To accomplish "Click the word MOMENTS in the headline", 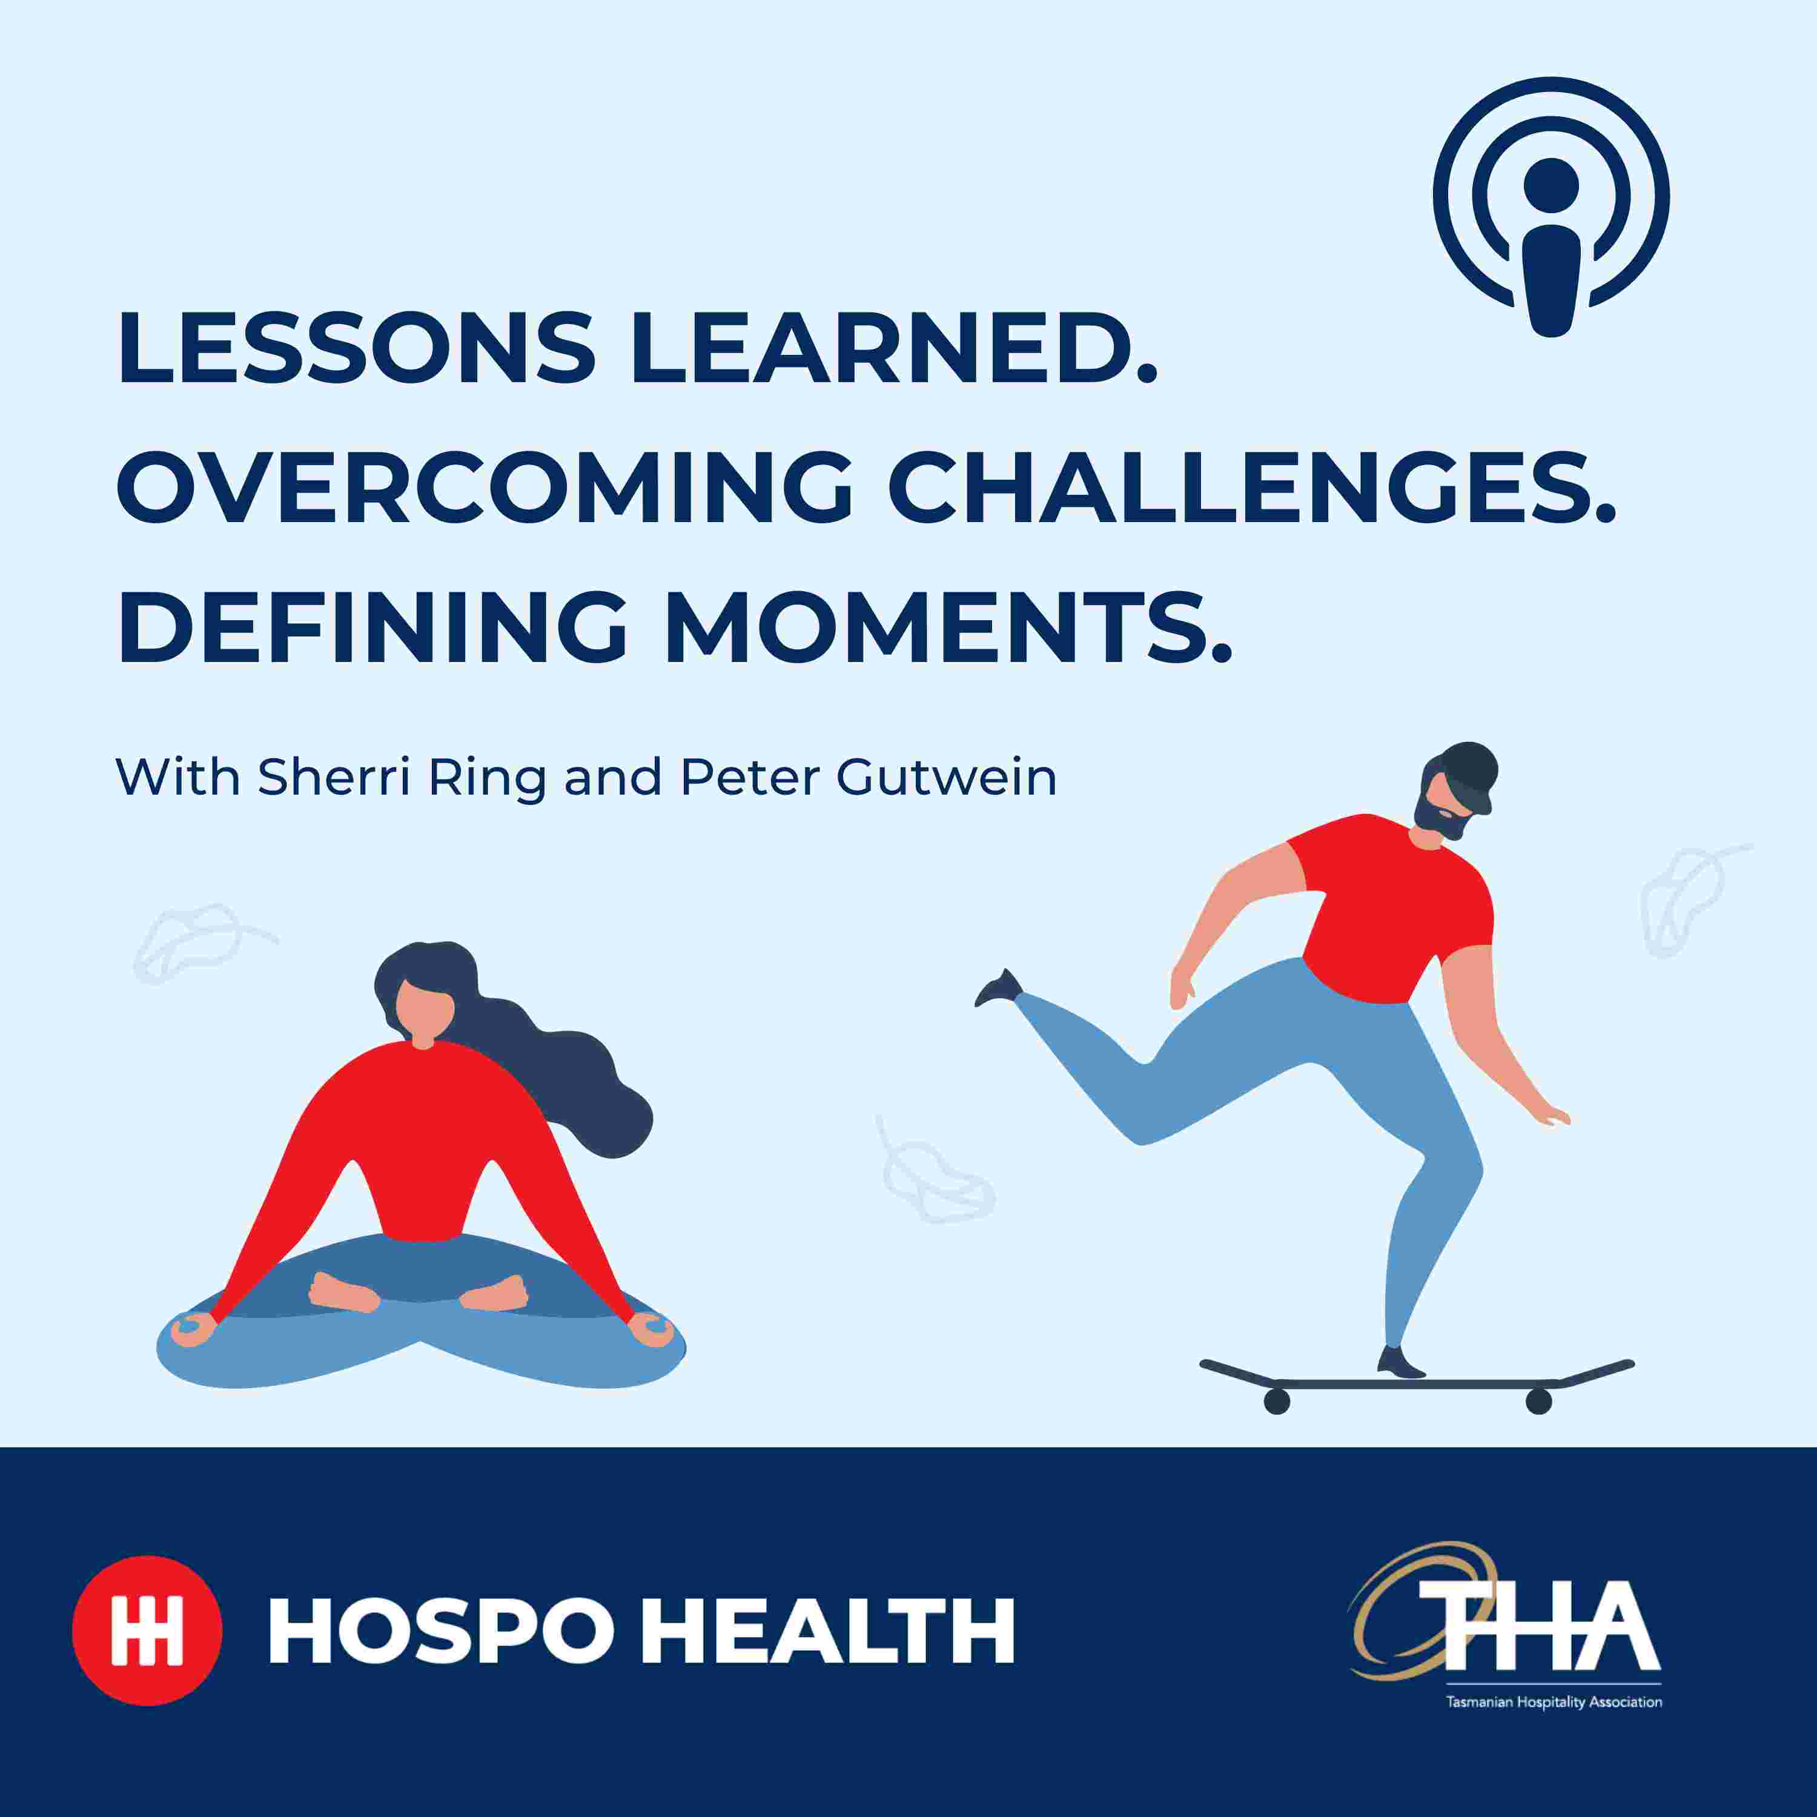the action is click(x=948, y=626).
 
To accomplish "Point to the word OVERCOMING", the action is click(x=485, y=486).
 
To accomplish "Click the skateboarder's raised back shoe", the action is click(x=999, y=987).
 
